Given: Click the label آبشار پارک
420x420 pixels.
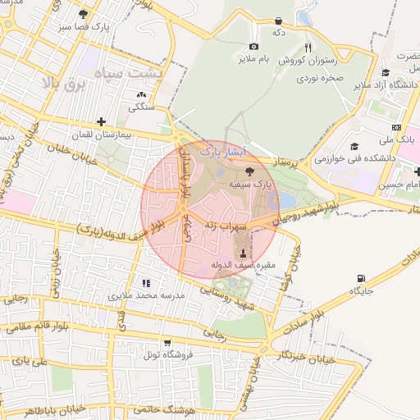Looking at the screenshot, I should [223, 152].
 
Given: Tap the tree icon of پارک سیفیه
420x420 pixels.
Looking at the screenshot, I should [250, 171].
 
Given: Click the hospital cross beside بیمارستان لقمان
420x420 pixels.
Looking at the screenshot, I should [101, 121].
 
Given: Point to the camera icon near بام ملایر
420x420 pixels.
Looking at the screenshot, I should [253, 46].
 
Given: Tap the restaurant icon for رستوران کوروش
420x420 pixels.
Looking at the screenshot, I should [308, 48].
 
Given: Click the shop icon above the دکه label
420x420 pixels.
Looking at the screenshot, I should [278, 20].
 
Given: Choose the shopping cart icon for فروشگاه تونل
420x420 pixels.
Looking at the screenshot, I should [167, 343].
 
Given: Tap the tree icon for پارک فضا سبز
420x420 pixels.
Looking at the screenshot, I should [83, 14].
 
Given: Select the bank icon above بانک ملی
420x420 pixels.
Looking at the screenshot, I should [396, 127].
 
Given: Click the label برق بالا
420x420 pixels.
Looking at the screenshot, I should [62, 84].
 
